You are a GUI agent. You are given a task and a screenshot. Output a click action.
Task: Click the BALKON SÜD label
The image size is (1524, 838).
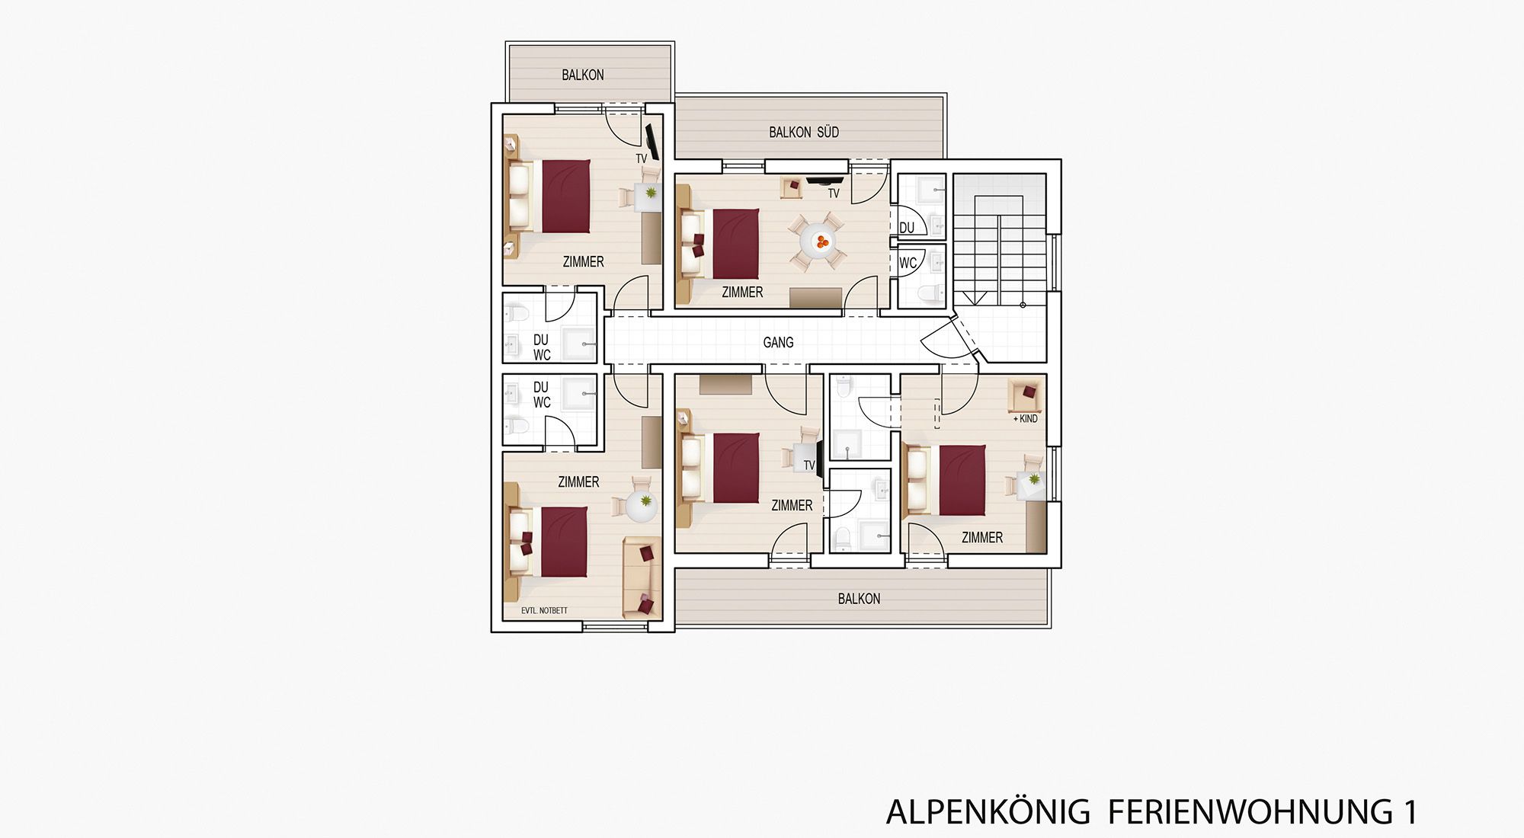tap(803, 133)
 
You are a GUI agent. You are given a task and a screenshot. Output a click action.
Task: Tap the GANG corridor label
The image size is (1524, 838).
tap(778, 343)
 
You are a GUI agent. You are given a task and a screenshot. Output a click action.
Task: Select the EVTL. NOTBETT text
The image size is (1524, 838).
tap(544, 610)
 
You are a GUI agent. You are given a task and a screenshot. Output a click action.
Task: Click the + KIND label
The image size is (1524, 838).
tap(1025, 418)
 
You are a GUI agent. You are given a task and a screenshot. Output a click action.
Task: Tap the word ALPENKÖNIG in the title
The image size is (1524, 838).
tap(988, 812)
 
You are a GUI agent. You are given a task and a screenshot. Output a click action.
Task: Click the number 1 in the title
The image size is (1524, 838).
tap(1409, 812)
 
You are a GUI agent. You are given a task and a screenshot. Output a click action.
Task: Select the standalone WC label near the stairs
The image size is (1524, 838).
tap(907, 264)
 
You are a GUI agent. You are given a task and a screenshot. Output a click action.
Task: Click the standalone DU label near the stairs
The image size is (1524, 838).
tap(906, 228)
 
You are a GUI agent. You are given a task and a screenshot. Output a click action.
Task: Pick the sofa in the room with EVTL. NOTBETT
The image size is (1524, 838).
tap(641, 577)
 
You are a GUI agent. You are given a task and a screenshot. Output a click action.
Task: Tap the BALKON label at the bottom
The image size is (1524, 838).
tap(859, 599)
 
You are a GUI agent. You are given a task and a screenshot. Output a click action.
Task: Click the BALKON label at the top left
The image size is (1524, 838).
tap(582, 75)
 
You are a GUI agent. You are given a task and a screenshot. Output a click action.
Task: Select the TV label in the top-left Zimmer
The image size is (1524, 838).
tap(641, 158)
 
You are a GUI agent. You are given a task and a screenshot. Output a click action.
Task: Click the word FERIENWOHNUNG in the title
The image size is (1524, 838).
tap(1250, 812)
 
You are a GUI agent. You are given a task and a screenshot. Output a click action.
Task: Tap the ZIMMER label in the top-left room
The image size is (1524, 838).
tap(583, 262)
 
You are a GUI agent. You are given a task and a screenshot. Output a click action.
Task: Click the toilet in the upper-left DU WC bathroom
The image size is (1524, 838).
tap(517, 314)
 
